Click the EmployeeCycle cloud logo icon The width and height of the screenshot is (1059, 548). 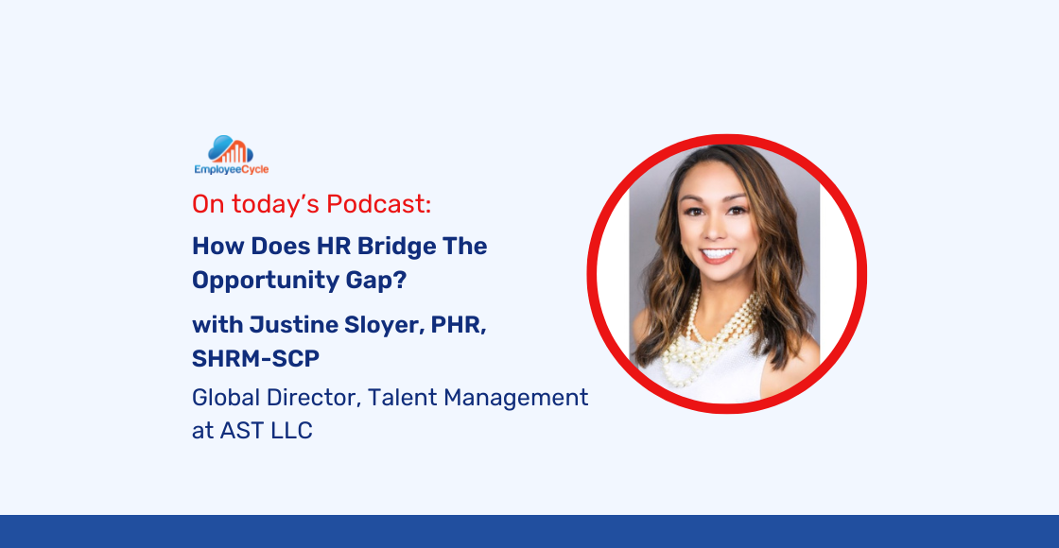(230, 149)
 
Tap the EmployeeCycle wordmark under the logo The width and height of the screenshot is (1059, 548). (231, 170)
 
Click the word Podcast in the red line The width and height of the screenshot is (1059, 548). (384, 203)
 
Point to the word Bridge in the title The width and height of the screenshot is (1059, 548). (403, 248)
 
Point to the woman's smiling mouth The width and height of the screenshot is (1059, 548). (718, 255)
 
